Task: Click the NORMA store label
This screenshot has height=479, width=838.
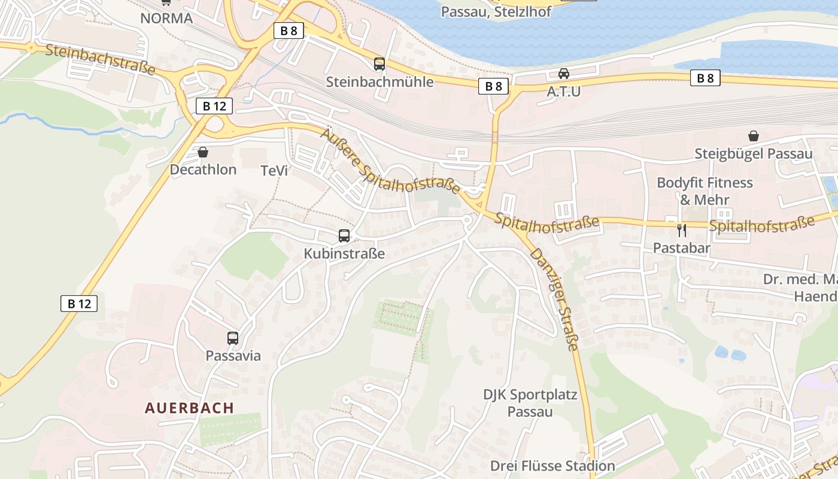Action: (166, 18)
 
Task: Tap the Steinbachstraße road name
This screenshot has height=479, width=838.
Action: (100, 59)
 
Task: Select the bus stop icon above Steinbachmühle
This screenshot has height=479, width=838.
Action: (379, 64)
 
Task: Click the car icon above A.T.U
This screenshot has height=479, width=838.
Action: (563, 74)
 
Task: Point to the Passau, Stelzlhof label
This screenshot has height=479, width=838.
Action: (496, 12)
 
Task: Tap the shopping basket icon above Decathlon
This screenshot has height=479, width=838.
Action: (203, 153)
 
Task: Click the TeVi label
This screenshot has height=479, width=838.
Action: (274, 171)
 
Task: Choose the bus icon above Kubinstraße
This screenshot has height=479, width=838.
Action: (344, 236)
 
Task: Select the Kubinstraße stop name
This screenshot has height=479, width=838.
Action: (344, 253)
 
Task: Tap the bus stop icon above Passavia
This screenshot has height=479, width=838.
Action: (233, 338)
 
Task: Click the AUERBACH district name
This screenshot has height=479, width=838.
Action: (189, 408)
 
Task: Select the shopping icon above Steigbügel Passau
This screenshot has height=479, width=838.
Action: (753, 137)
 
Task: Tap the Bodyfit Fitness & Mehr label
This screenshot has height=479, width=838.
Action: (705, 190)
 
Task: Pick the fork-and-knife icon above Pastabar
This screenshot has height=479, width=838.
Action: (681, 230)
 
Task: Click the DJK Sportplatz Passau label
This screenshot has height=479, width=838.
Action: (530, 403)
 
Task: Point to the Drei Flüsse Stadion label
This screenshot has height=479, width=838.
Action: (552, 466)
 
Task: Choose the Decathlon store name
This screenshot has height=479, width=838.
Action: (203, 169)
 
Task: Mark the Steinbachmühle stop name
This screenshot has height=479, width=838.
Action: (379, 81)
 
